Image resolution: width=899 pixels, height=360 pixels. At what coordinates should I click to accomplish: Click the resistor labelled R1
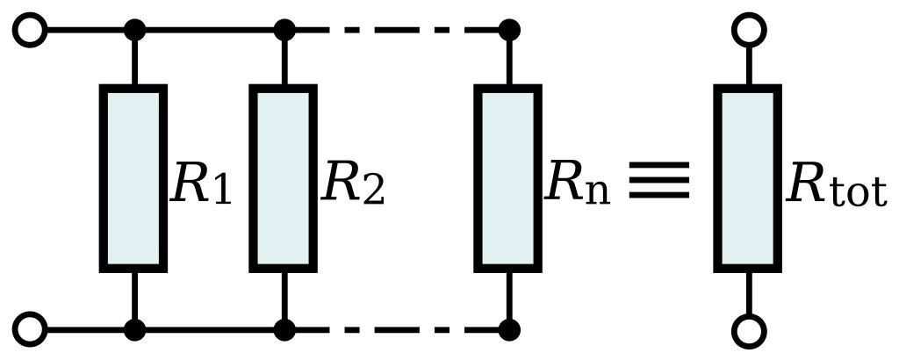point(133,178)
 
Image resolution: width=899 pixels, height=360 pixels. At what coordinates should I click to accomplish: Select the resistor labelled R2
point(283,178)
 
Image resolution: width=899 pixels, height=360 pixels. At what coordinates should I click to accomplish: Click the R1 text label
point(201,184)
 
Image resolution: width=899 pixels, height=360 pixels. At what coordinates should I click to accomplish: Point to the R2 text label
point(353,184)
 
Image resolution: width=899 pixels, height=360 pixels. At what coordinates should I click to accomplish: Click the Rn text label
point(577,184)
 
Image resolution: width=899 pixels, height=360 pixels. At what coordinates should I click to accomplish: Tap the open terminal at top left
point(31,31)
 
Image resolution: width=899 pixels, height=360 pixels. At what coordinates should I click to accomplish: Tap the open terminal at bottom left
point(31,330)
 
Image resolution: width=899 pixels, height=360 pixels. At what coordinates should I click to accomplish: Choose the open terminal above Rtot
point(749,29)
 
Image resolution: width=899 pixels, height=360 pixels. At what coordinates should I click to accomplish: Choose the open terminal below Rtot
point(749,332)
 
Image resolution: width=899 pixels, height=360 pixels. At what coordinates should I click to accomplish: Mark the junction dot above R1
point(134,31)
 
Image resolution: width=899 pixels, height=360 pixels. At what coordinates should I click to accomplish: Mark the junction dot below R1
point(134,330)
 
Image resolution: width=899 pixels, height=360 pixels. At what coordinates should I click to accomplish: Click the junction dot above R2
point(284,31)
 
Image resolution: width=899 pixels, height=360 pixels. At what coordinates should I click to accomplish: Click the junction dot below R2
point(284,330)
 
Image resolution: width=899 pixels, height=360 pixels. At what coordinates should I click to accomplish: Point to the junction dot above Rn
point(508,31)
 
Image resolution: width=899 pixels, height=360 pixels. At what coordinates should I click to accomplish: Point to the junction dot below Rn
point(508,330)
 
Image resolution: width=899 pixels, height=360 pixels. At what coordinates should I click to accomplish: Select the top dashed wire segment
point(395,31)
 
